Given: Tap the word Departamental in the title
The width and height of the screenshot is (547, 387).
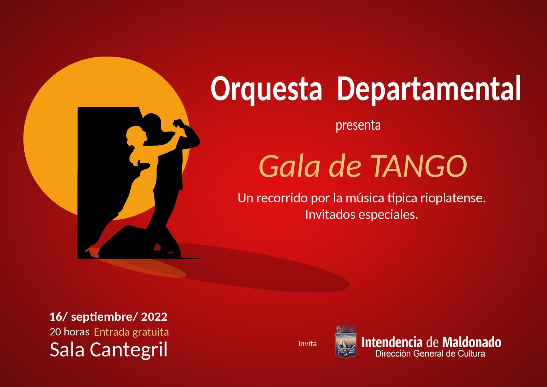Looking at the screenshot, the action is pos(429,88).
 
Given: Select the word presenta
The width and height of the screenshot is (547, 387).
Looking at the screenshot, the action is pos(358,126).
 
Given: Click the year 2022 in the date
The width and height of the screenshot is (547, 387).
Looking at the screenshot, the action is pos(154,317).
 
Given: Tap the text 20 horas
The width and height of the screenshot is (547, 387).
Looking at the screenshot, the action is pos(69,332).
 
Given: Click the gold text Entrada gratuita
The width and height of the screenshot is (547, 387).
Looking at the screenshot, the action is pos(131,332).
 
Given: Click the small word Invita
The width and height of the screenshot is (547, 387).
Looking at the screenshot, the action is pos(307,344).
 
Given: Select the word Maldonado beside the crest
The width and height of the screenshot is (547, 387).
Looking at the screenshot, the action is pos(472,343).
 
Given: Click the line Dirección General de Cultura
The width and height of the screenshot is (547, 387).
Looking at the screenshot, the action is pos(430,354).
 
